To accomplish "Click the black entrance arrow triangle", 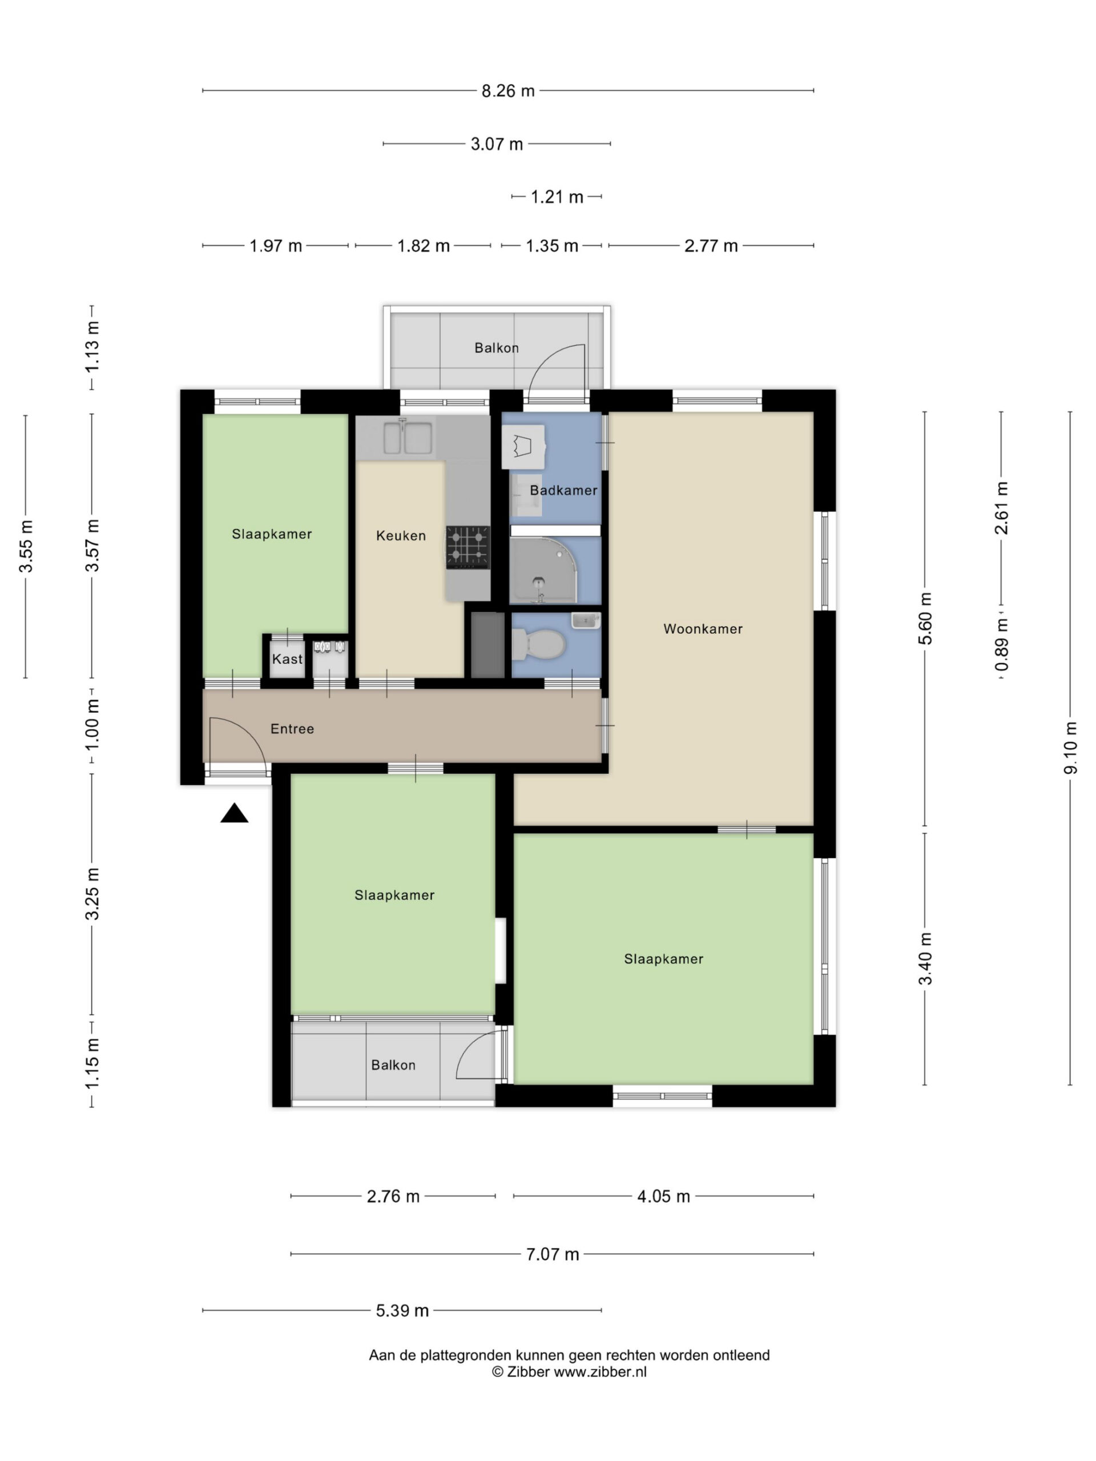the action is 234,813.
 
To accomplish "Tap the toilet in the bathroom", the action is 538,643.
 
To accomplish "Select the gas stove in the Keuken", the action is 468,547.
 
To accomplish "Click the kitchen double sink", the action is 408,437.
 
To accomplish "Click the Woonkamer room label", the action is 703,629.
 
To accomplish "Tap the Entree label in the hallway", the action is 292,729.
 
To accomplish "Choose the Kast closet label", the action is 287,659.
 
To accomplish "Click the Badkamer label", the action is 563,490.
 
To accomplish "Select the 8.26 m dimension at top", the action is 507,91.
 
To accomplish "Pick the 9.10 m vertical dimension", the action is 1070,747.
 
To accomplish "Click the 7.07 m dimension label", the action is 553,1254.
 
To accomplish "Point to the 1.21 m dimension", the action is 557,197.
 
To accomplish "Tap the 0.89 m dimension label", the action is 1002,644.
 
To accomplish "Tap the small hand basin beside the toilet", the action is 585,621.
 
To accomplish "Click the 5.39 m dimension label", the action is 402,1310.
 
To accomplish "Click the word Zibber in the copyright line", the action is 528,1371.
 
